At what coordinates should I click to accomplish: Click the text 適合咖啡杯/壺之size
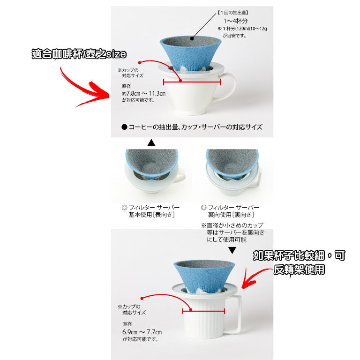coord(79,54)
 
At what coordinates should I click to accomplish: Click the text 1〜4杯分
coord(236,21)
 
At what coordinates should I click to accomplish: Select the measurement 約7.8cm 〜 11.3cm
coord(144,94)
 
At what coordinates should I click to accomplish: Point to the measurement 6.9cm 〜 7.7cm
coord(142,332)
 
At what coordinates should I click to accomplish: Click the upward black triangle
coord(151,143)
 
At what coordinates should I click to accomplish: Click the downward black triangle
coord(232,250)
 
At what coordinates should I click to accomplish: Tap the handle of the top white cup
coord(228,86)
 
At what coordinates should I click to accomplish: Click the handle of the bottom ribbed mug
coord(234,314)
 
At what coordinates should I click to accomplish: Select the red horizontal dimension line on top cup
coord(192,82)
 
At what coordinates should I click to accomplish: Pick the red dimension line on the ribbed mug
coord(203,311)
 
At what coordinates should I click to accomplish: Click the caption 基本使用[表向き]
coord(151,215)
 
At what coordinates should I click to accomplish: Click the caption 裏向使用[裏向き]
coord(231,215)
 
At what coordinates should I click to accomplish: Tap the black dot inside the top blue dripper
coord(192,38)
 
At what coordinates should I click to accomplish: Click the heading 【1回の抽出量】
coord(232,13)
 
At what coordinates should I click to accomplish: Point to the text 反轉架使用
coord(299,270)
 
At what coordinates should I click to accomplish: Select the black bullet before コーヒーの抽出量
coord(124,127)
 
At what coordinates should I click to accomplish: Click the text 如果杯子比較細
coord(289,255)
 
